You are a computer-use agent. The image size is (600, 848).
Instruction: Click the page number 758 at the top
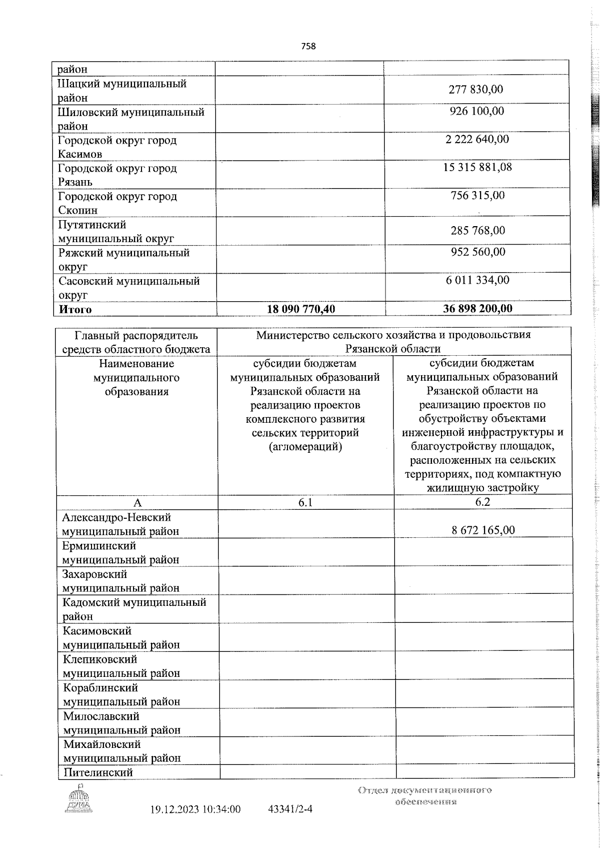point(308,47)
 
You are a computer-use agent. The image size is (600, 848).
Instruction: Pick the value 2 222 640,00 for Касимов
point(476,139)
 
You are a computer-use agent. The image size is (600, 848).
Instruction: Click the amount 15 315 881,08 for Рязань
point(477,167)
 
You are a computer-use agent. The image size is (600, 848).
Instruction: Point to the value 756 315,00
point(477,195)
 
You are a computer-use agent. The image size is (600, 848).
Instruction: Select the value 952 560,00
point(477,252)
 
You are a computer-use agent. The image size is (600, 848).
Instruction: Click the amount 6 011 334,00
point(477,280)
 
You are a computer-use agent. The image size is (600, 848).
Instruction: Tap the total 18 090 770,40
point(301,309)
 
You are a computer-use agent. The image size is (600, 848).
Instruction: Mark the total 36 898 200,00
point(477,309)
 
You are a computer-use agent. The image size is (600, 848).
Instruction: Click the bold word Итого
point(75,309)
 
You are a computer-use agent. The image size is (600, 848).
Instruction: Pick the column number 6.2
point(482,502)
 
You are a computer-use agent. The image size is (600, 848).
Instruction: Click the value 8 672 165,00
point(483,530)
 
